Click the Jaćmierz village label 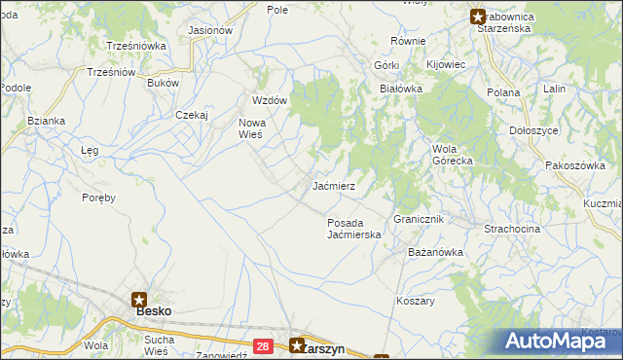coord(334,185)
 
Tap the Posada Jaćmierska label coord(352,229)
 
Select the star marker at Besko coord(140,300)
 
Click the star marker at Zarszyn coord(298,344)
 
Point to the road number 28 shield coord(263,345)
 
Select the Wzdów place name coord(270,101)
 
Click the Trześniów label coord(109,72)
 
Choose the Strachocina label coord(512,228)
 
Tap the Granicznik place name coord(419,220)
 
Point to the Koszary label coord(416,301)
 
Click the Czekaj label coord(193,114)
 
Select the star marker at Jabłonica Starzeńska coord(478,16)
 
